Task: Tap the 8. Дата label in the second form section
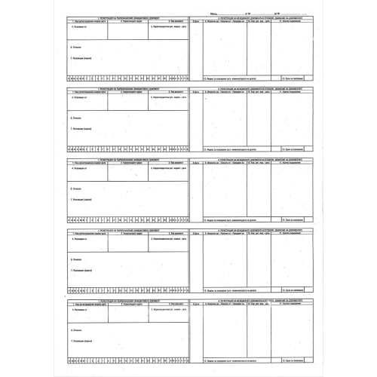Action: click(x=196, y=93)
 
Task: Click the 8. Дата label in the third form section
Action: click(x=196, y=164)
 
